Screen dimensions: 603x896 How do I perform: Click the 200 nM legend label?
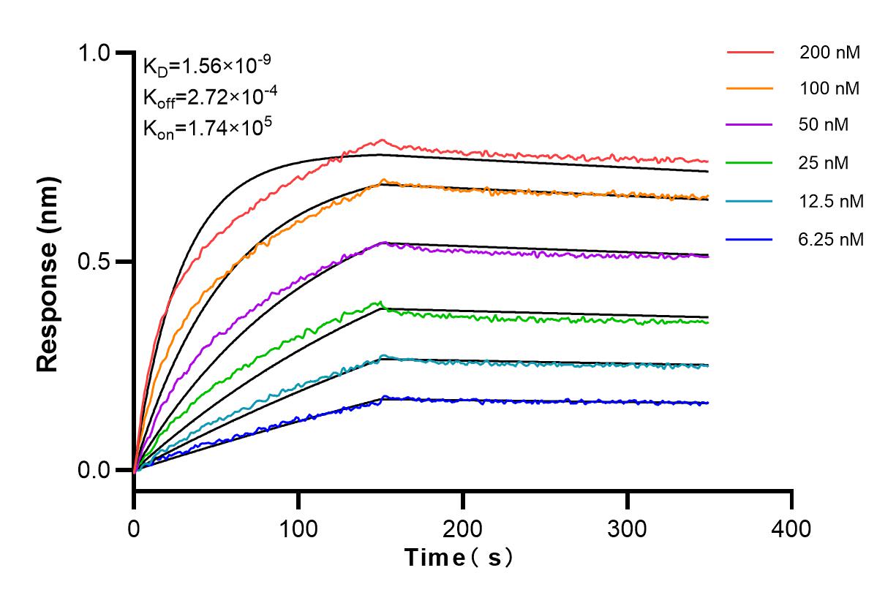coord(829,53)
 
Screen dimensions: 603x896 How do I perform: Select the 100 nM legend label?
coord(829,89)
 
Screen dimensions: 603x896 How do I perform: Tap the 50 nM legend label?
coord(824,125)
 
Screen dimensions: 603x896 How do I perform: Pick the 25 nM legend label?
coord(824,162)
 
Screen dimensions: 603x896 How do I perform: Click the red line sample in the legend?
coord(750,53)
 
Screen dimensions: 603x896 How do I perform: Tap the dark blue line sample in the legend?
coord(750,238)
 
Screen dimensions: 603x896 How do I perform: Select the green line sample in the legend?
coord(750,162)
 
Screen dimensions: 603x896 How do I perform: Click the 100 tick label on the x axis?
coord(298,528)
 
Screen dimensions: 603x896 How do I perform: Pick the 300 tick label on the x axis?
coord(628,528)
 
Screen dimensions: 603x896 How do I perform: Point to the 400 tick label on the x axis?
coord(792,528)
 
